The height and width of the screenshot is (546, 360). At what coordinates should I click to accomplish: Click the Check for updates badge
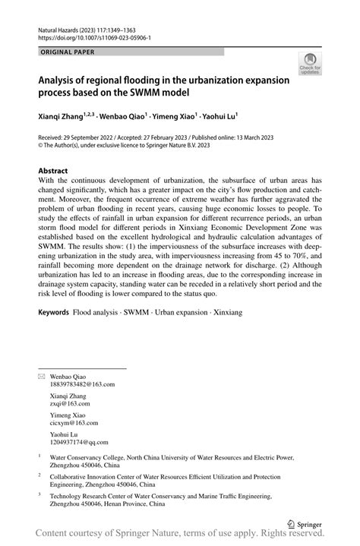(x=309, y=65)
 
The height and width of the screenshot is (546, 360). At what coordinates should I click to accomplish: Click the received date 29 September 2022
(x=101, y=137)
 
